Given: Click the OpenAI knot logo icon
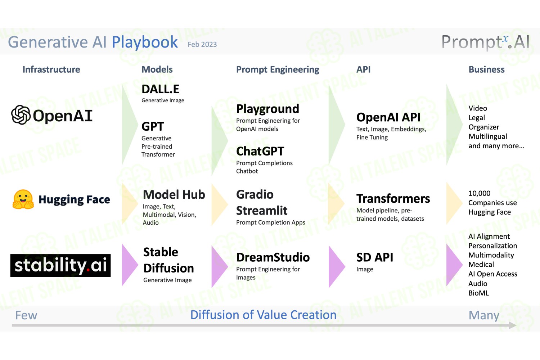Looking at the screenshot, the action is tap(21, 115).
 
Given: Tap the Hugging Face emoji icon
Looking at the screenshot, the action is tap(23, 199).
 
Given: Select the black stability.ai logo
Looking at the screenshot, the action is tap(60, 265).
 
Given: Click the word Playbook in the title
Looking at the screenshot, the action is tap(145, 42).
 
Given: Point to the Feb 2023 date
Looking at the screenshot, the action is tap(202, 44).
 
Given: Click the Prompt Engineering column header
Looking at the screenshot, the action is tap(278, 70).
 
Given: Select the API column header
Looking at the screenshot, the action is tap(364, 69).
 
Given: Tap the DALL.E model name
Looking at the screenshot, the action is tap(160, 89).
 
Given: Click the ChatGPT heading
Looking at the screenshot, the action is tap(260, 151).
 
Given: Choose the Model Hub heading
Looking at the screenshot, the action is tap(174, 195).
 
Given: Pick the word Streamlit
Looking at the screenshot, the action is tap(262, 211).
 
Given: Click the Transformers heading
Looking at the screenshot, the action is tap(393, 199).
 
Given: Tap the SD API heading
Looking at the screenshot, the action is tap(375, 257).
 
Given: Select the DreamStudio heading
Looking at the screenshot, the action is tap(273, 257).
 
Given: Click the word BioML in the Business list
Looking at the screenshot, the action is tap(478, 293).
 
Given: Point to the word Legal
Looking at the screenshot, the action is tap(477, 118).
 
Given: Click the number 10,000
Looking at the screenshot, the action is tap(479, 193).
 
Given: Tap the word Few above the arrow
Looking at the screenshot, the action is tap(26, 315).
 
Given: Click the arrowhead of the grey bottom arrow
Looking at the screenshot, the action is tap(513, 325).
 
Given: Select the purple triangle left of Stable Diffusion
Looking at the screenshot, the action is tap(130, 265).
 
